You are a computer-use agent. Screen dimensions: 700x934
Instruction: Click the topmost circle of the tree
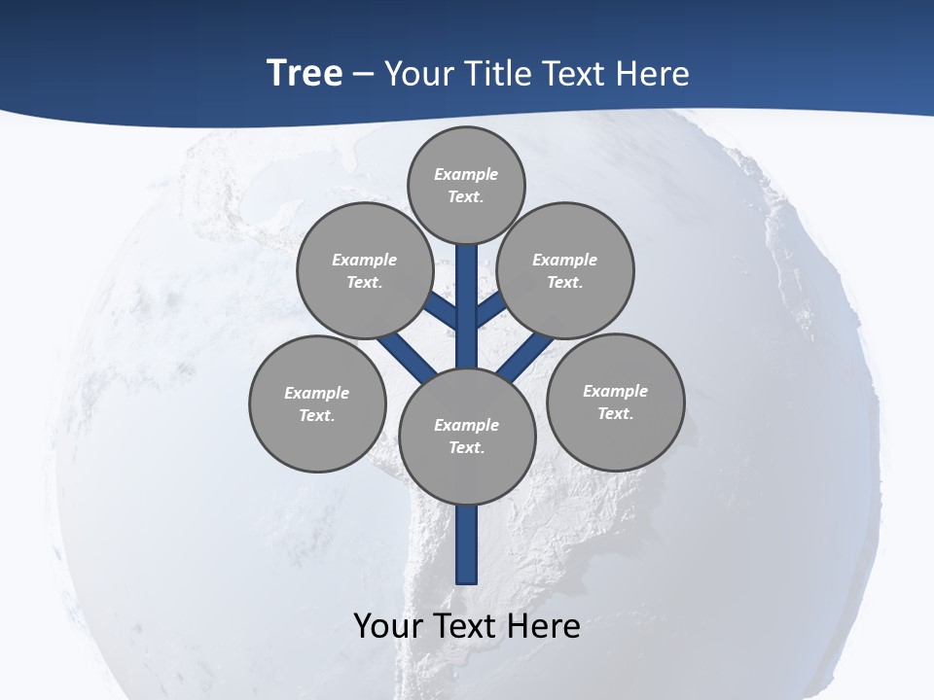(466, 185)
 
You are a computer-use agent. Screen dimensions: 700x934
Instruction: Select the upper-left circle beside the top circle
(365, 270)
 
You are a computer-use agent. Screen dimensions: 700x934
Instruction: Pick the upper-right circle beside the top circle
(565, 270)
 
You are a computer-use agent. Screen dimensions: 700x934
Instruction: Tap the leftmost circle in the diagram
(317, 403)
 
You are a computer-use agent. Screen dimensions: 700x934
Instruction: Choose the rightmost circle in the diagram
(615, 402)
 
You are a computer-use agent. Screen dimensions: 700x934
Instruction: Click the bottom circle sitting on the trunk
(467, 436)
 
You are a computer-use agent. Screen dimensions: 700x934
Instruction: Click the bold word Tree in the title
(305, 73)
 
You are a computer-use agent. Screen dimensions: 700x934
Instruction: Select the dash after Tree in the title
(363, 75)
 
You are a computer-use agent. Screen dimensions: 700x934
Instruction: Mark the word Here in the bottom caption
(545, 625)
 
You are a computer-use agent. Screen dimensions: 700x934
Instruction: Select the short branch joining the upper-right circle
(490, 309)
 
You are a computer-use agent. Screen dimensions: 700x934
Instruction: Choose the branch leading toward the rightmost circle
(525, 354)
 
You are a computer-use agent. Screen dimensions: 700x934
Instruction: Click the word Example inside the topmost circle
(466, 174)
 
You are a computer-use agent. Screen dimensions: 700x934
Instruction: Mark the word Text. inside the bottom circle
(466, 447)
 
